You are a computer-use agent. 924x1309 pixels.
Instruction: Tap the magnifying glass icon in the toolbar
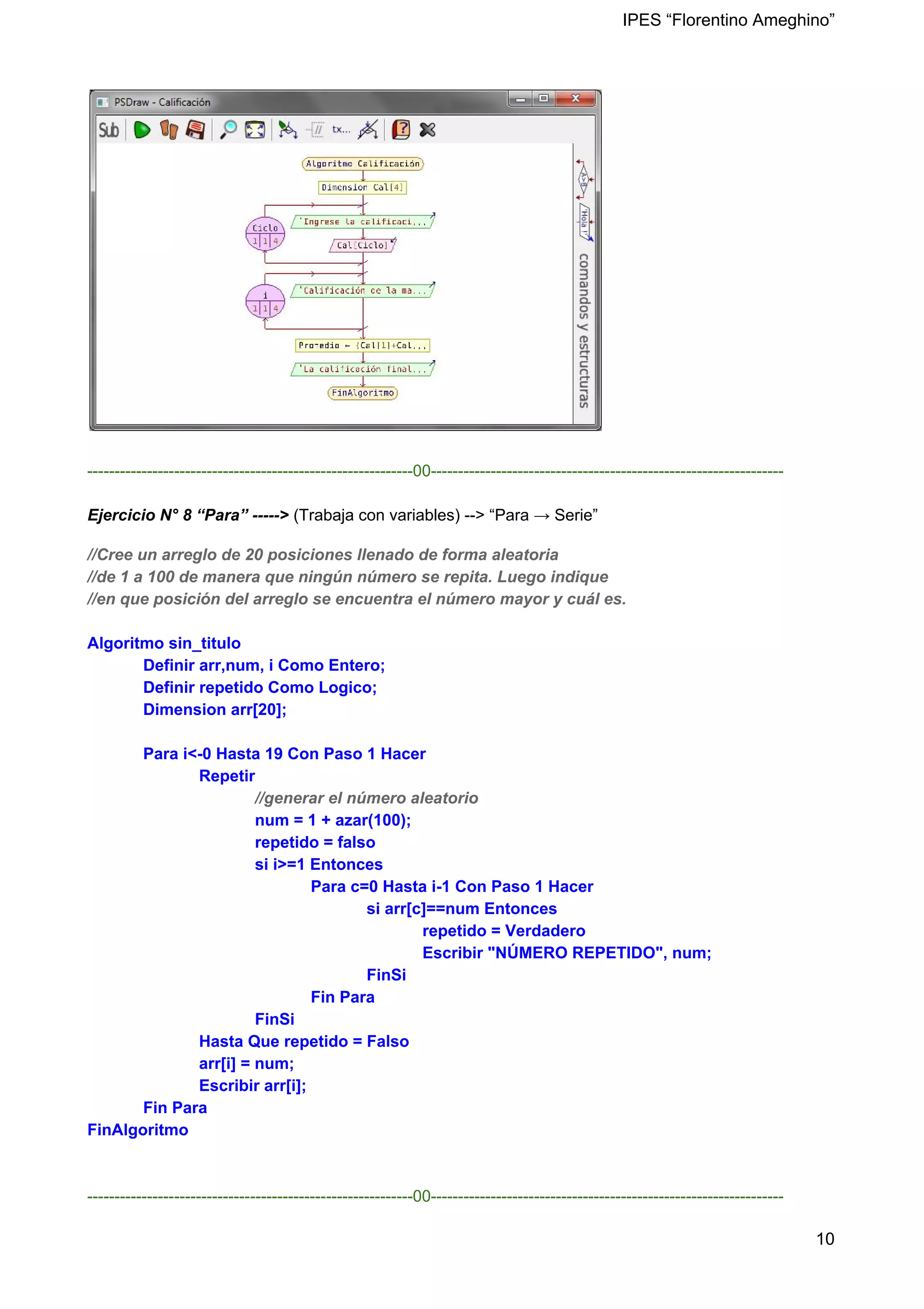point(229,130)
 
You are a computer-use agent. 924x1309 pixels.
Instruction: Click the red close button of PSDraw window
point(576,99)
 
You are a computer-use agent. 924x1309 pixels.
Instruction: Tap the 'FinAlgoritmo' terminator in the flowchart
point(363,393)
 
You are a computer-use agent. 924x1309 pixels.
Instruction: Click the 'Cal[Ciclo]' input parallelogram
point(363,245)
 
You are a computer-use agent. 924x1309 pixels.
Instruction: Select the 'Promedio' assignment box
point(363,345)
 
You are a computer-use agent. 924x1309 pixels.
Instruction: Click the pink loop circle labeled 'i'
point(265,301)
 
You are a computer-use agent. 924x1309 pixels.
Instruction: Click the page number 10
point(825,1239)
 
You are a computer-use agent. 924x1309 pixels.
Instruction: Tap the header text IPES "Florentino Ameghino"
point(728,20)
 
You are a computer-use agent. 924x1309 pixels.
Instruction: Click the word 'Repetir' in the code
point(227,776)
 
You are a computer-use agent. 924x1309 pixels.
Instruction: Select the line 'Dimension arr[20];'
point(214,710)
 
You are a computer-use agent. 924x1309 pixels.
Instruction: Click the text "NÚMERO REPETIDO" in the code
point(575,953)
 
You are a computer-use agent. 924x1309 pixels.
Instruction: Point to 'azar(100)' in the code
point(370,821)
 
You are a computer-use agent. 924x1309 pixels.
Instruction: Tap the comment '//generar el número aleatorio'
point(366,798)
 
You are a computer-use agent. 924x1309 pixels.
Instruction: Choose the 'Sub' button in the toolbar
point(109,130)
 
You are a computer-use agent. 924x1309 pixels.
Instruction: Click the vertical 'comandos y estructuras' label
point(584,331)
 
